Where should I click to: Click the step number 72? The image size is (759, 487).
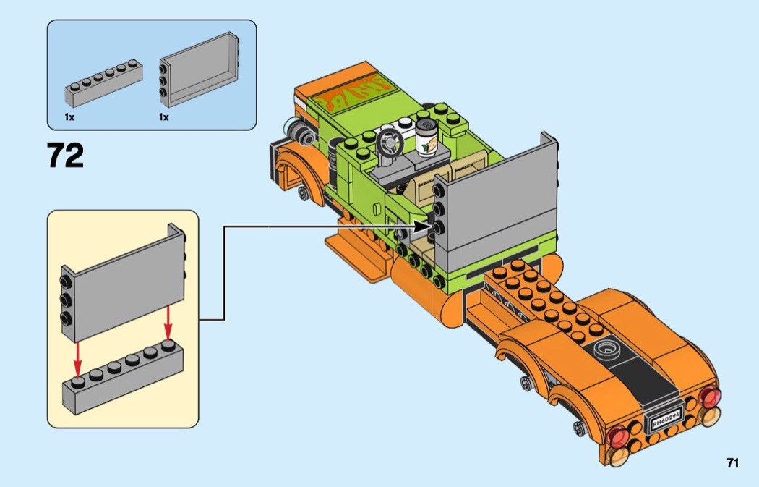(65, 155)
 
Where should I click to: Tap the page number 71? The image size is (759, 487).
(732, 463)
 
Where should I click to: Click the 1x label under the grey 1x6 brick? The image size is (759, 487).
(69, 117)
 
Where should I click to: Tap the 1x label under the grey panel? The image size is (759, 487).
(163, 117)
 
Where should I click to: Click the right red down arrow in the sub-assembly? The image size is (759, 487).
(168, 323)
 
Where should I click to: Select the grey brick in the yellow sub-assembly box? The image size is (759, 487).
(123, 377)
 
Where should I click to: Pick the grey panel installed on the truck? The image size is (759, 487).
(495, 200)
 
